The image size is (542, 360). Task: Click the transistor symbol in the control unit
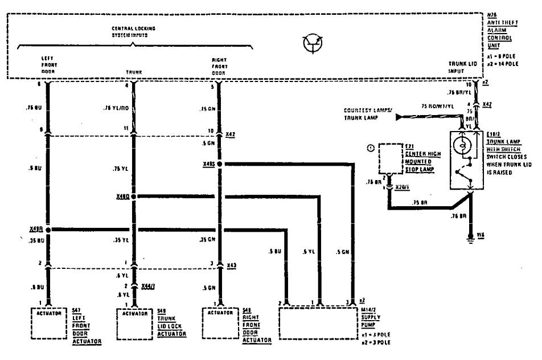(313, 44)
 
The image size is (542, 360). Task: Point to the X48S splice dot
(219, 164)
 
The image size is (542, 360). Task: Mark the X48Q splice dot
(134, 197)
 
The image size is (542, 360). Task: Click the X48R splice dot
(48, 230)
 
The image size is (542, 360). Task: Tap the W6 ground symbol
(471, 238)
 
